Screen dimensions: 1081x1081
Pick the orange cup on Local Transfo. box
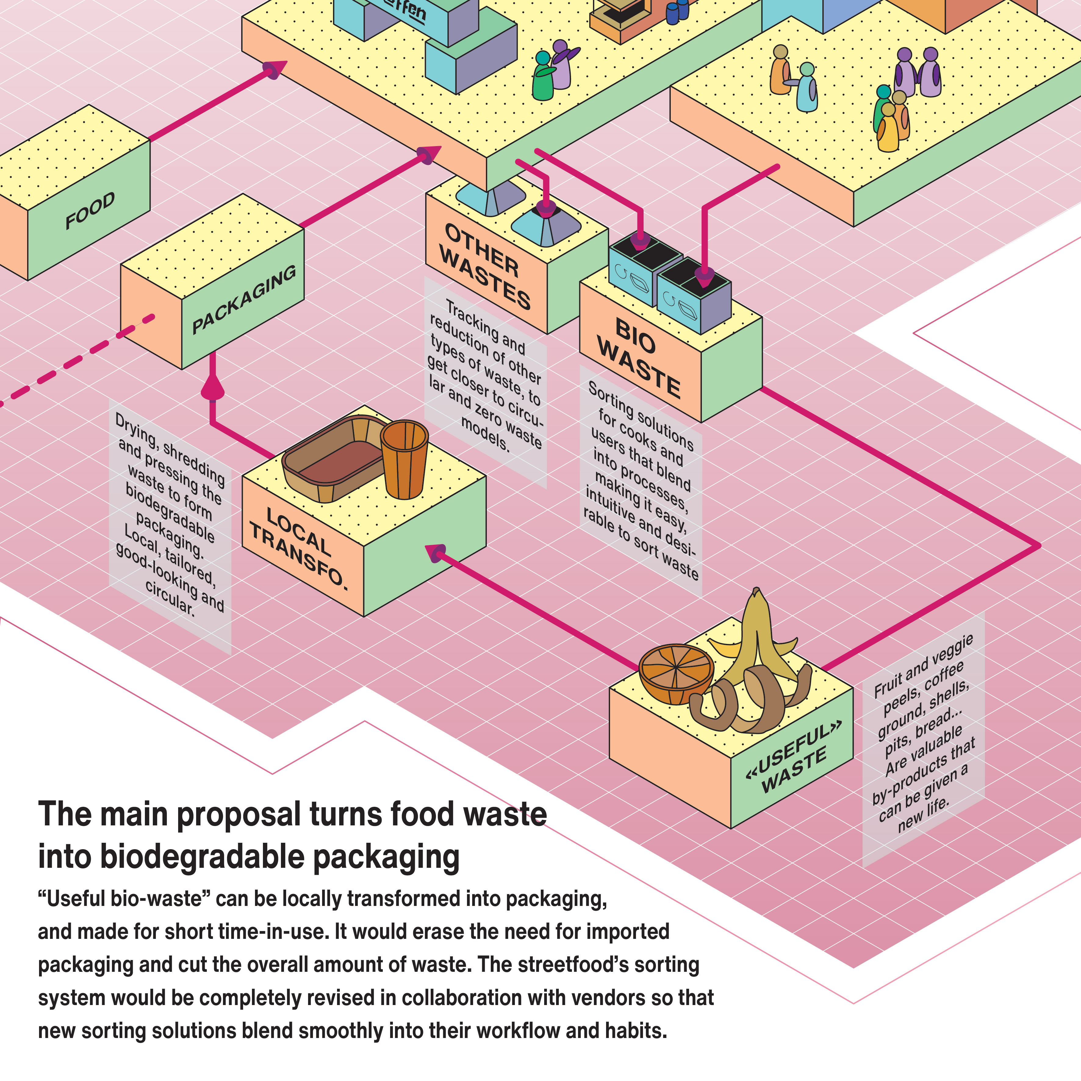pos(404,459)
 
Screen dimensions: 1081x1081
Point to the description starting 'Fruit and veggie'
pos(923,733)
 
